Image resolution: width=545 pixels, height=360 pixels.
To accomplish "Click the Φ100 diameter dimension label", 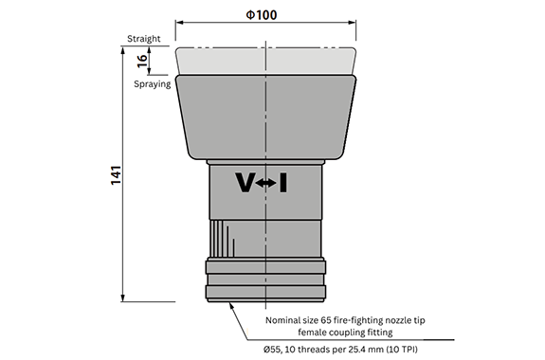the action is pyautogui.click(x=262, y=15).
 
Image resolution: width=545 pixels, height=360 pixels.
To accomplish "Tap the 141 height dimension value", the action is pyautogui.click(x=116, y=175).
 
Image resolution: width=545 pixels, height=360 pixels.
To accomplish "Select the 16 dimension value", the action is pyautogui.click(x=142, y=61).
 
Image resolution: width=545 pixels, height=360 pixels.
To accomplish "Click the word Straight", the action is pyautogui.click(x=143, y=39).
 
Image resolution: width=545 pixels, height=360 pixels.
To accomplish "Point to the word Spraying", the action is pyautogui.click(x=153, y=84).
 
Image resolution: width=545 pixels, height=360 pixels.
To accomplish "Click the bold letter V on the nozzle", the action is pyautogui.click(x=245, y=182).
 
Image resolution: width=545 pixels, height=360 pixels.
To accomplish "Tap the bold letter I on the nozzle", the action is pyautogui.click(x=283, y=183).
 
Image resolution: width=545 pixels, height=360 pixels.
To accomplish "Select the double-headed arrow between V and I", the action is pyautogui.click(x=266, y=183).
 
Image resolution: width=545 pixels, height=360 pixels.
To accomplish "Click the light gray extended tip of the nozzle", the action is pyautogui.click(x=266, y=62).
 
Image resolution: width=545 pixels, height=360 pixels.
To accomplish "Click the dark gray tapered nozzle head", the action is pyautogui.click(x=266, y=117).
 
